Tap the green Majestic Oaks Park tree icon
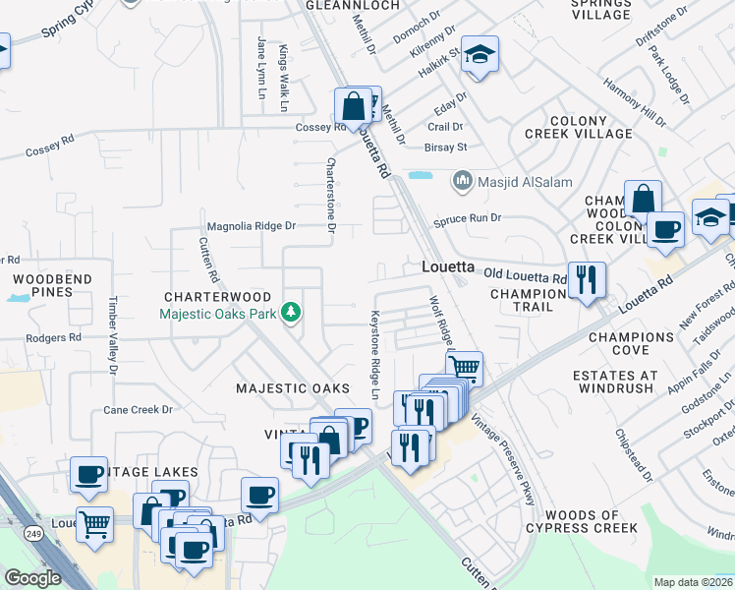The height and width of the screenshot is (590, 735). coord(290,313)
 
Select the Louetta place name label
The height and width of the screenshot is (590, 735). coord(448,266)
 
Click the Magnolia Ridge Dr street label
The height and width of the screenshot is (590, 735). coord(250,226)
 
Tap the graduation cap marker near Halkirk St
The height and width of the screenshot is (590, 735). coord(480,56)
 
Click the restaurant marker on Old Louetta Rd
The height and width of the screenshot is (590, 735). coord(586,280)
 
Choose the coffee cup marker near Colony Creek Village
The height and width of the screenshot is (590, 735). coord(665,232)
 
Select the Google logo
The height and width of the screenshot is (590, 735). coord(32,578)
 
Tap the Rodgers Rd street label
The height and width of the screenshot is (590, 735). coord(54,337)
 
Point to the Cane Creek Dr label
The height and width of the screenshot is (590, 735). coord(139,410)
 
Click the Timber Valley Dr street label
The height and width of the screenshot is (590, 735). coord(114,335)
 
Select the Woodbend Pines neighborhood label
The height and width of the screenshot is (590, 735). coord(52,285)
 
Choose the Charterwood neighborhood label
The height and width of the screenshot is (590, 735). coord(217,296)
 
